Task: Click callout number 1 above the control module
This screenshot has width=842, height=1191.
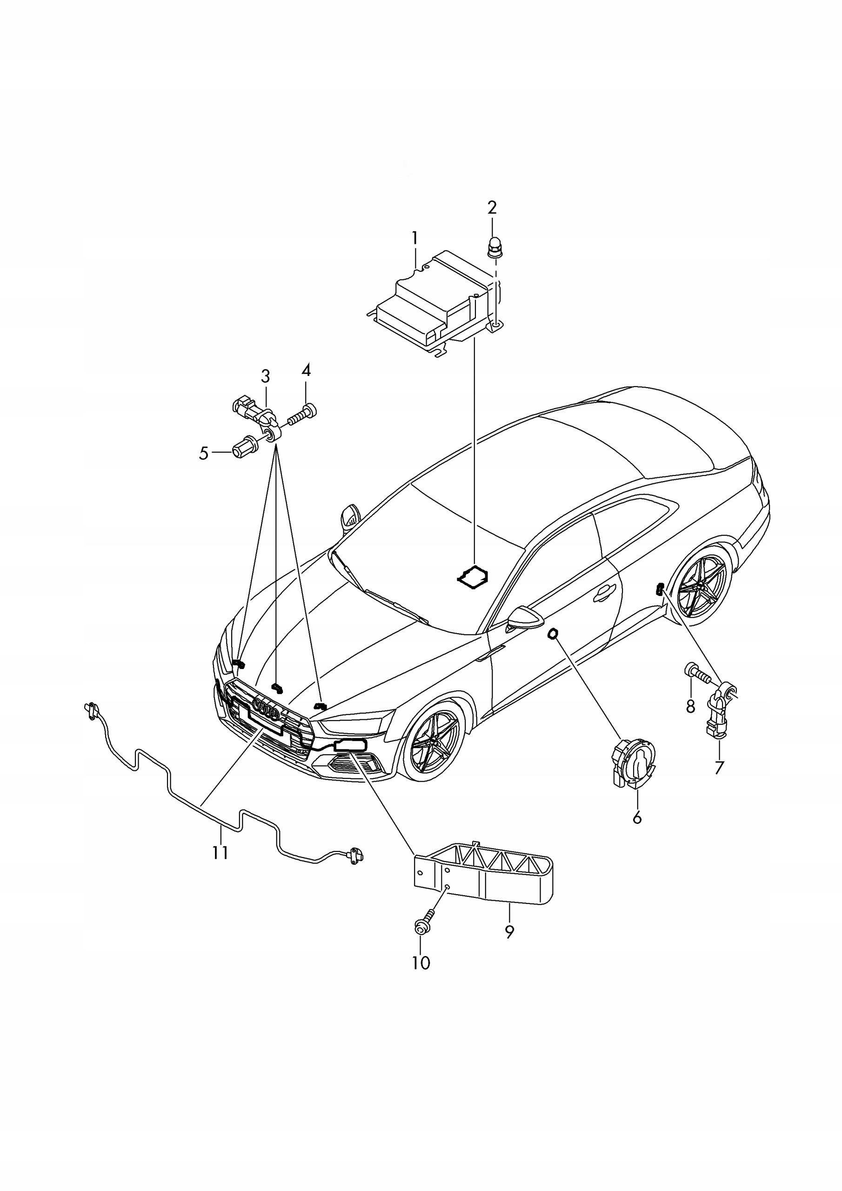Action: [414, 238]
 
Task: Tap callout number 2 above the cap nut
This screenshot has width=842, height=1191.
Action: [492, 207]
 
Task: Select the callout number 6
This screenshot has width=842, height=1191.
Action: [637, 818]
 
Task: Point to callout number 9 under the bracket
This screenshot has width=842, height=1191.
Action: [509, 932]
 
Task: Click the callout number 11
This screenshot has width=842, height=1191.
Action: [221, 852]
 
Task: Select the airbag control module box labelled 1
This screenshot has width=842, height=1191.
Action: [433, 303]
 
